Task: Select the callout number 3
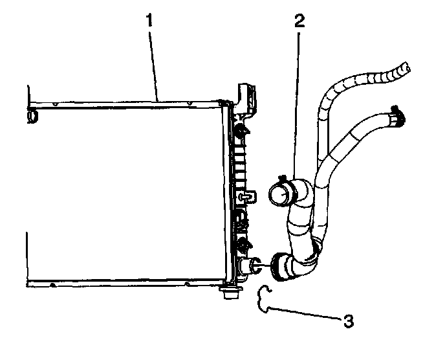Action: point(349,320)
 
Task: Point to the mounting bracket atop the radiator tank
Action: point(246,97)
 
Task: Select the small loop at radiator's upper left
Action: point(32,115)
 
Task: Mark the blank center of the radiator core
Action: point(123,194)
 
